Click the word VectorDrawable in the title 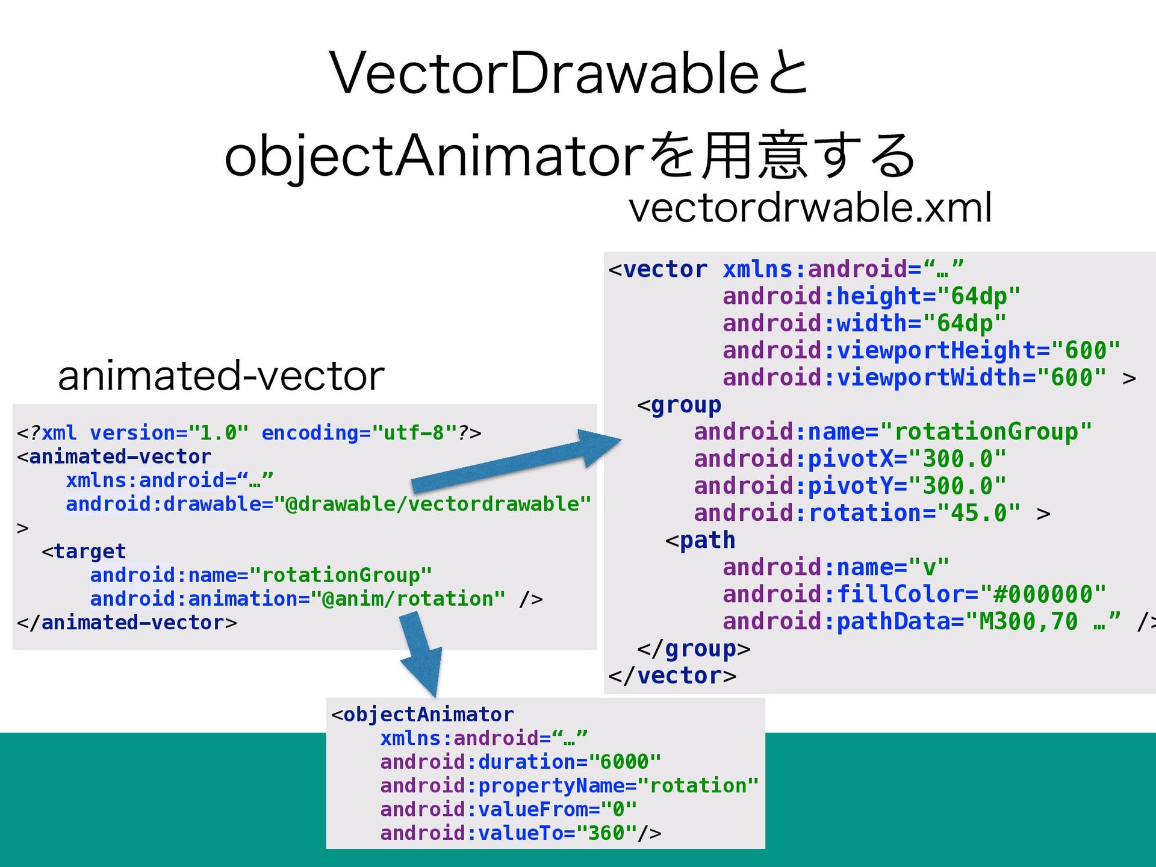point(544,73)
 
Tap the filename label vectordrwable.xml point(810,208)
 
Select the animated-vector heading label point(221,376)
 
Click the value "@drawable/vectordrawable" point(432,504)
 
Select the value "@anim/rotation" point(408,599)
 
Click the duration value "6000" point(624,762)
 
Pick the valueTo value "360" point(606,833)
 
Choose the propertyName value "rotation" point(697,786)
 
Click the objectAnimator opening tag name point(428,715)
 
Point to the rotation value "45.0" point(978,513)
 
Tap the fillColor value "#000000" point(1043,594)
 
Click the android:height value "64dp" point(979,296)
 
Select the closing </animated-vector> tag point(127,623)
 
